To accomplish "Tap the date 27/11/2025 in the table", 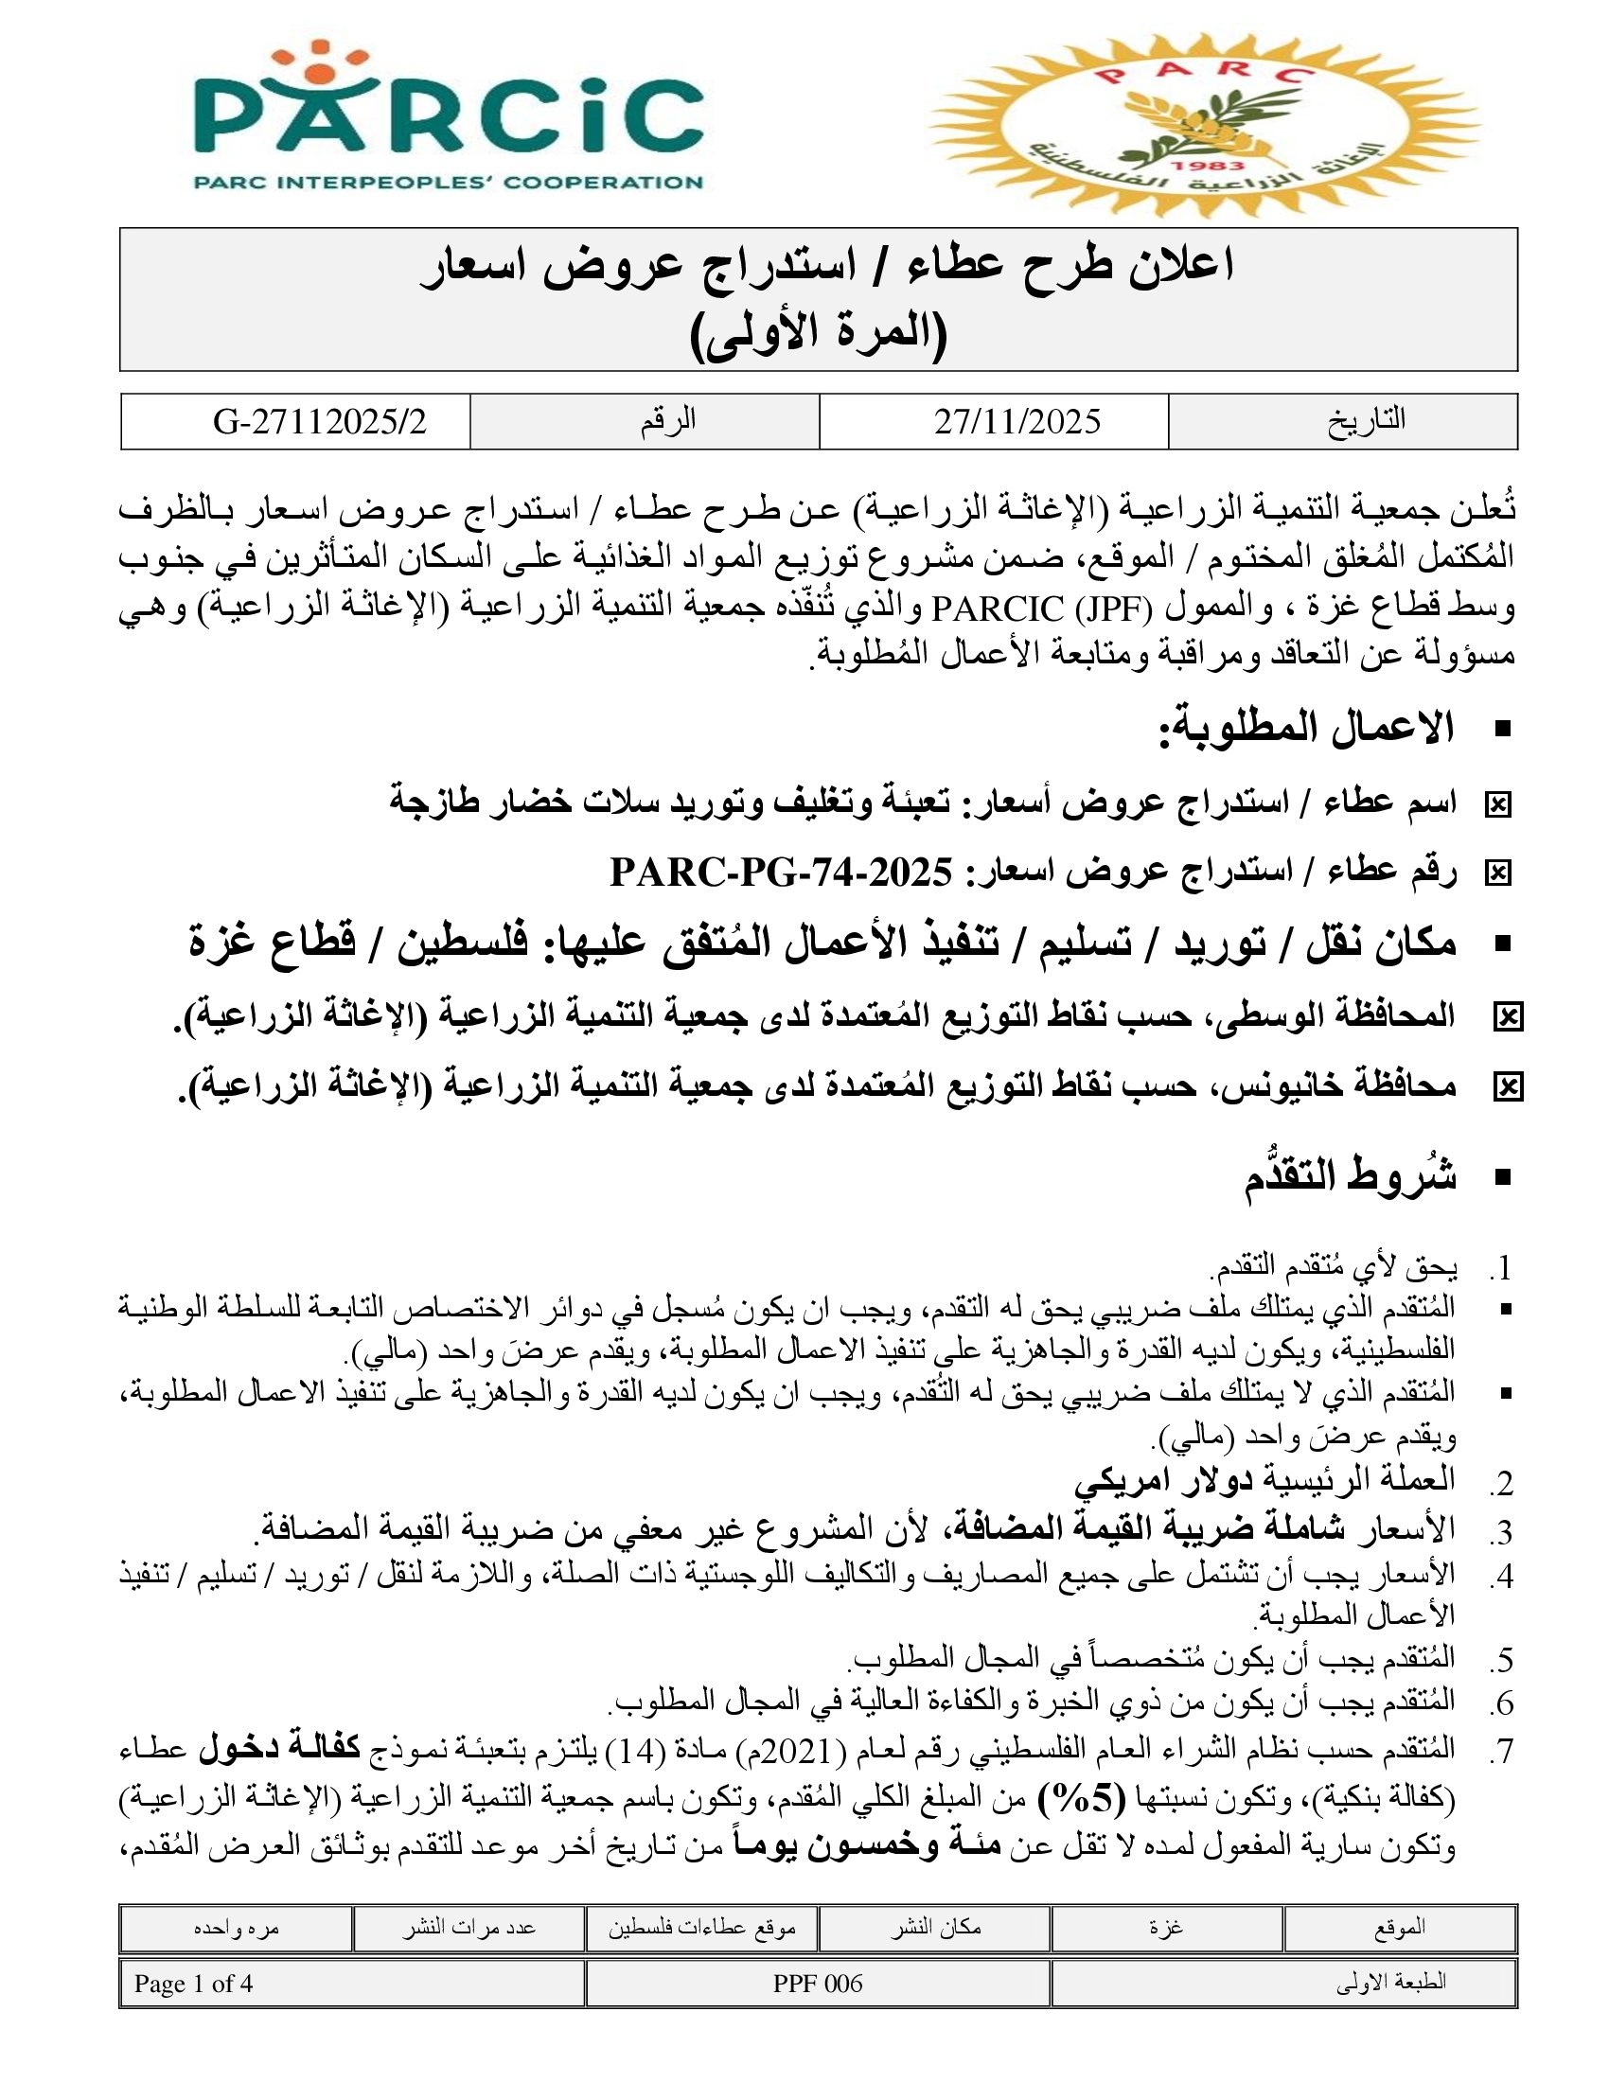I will [1017, 421].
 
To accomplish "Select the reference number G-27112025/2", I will [319, 421].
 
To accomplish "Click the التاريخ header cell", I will [1366, 420].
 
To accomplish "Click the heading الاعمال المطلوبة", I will [1306, 730].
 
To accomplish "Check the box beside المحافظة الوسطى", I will [1507, 1018].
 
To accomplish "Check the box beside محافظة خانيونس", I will [1507, 1086].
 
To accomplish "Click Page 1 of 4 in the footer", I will [193, 1984].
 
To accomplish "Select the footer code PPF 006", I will [817, 1984].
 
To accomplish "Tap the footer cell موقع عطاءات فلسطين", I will [701, 1927].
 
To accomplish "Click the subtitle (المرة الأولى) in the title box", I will [818, 334].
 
